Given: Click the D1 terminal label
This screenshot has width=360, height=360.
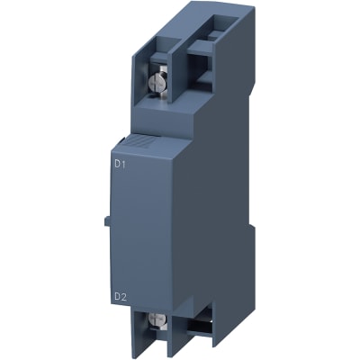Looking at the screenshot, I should [121, 164].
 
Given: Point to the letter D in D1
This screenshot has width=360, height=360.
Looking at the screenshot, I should [117, 164].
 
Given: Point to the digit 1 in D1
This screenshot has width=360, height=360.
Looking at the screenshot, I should [124, 164].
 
